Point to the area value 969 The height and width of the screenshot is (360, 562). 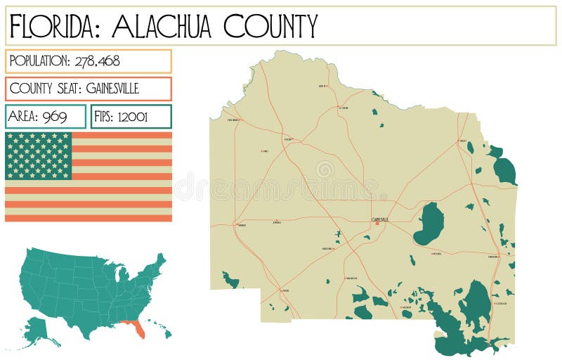click(x=54, y=117)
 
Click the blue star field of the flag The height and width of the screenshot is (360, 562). click(x=39, y=155)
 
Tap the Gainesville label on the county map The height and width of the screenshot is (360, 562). click(x=380, y=219)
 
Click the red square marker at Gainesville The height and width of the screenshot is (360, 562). click(x=377, y=224)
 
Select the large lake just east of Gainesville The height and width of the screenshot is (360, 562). click(x=429, y=224)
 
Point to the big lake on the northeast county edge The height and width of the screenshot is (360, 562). click(x=504, y=169)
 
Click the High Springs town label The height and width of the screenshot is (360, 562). click(x=234, y=120)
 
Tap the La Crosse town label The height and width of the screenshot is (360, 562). click(x=343, y=108)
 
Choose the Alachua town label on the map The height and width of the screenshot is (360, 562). click(x=287, y=139)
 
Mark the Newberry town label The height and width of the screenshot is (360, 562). click(x=242, y=226)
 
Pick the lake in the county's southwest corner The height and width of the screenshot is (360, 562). click(x=230, y=281)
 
